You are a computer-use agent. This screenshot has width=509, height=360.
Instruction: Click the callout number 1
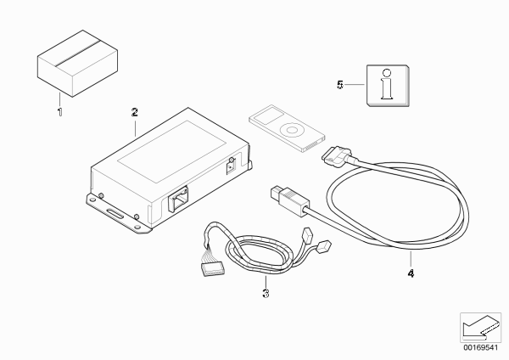pos(59,112)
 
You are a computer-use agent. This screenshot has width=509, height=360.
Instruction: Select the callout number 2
pos(135,112)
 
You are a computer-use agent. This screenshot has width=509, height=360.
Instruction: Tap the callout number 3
pos(266,294)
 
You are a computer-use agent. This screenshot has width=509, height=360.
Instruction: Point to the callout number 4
pos(411,273)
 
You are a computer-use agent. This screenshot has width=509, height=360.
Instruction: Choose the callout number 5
pos(340,85)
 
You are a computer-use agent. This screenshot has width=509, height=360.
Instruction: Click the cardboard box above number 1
pos(77,64)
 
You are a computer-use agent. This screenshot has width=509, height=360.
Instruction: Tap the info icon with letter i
pos(388,86)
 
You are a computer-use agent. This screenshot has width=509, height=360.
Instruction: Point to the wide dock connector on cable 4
pos(336,155)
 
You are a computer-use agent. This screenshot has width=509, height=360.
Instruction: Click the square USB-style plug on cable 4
pos(289,199)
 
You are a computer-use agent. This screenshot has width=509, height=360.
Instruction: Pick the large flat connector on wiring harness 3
pos(212,269)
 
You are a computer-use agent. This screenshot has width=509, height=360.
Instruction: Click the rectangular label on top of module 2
pos(171,152)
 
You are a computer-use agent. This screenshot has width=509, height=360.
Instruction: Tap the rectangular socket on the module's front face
pos(178,199)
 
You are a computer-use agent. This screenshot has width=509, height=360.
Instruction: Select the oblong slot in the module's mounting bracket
pos(115,215)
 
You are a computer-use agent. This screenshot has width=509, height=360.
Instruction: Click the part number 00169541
pos(481,347)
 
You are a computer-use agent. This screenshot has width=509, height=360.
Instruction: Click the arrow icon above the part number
pos(480,328)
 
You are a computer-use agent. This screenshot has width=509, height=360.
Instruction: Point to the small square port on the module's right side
pos(231,168)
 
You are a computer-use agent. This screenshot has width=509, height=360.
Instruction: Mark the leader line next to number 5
pos(354,85)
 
